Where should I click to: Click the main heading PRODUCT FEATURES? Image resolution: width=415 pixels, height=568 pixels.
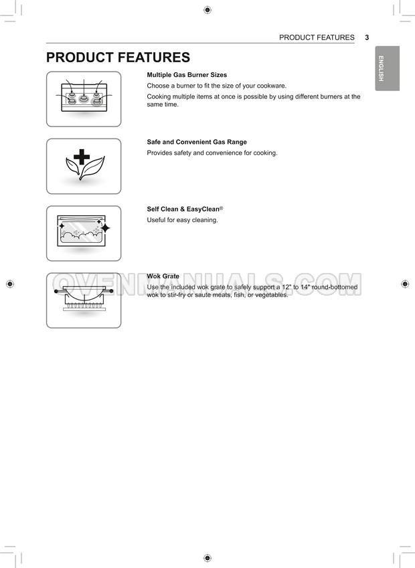(x=118, y=58)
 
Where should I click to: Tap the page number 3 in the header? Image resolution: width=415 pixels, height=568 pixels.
(x=367, y=37)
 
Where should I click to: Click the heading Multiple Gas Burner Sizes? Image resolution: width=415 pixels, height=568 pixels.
(x=187, y=75)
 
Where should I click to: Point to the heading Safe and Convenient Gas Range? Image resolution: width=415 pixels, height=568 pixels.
(x=197, y=142)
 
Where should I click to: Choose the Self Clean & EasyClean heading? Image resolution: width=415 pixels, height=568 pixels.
(x=183, y=209)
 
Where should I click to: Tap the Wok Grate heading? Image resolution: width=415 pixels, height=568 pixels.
(x=163, y=276)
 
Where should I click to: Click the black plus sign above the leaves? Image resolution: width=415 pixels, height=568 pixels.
(x=82, y=158)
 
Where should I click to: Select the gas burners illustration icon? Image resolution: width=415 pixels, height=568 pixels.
(x=84, y=98)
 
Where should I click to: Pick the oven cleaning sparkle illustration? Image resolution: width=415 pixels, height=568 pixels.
(x=83, y=233)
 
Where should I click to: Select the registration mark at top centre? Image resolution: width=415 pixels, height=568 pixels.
(x=207, y=10)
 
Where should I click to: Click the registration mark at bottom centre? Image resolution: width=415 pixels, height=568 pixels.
(x=207, y=557)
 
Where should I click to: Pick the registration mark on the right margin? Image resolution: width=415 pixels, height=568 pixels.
(x=405, y=284)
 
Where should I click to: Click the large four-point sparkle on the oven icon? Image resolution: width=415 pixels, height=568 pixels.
(x=104, y=228)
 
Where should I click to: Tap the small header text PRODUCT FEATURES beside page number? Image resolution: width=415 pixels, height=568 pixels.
(x=317, y=37)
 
